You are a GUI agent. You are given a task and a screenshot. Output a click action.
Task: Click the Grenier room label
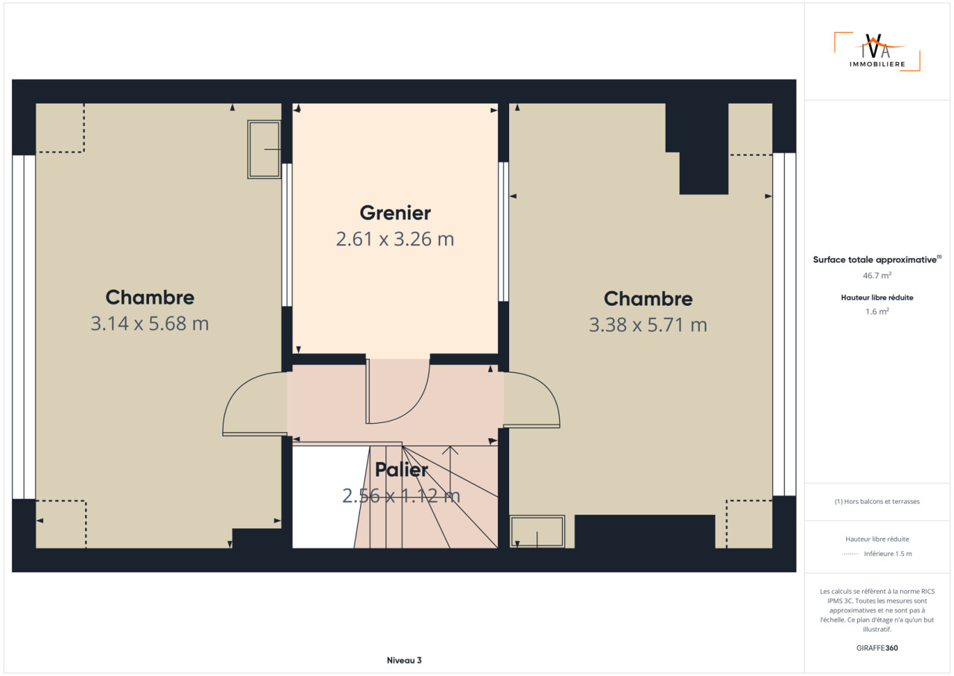(x=395, y=213)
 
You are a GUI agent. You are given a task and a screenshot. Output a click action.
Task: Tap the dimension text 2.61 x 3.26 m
(x=395, y=239)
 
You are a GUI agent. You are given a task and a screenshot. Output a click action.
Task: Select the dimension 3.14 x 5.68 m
(x=150, y=324)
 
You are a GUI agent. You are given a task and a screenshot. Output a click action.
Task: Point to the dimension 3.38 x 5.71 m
(x=648, y=325)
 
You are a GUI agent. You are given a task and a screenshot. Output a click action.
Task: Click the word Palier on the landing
(x=401, y=470)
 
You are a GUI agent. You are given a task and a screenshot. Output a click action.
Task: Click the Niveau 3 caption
(x=404, y=660)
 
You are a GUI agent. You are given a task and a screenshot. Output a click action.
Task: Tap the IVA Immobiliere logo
(x=877, y=52)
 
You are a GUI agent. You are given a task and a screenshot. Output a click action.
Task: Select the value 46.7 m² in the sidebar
(x=877, y=275)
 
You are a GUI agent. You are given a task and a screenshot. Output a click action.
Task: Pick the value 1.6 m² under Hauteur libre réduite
(x=877, y=312)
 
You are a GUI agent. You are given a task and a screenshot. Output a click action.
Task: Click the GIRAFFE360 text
(x=877, y=648)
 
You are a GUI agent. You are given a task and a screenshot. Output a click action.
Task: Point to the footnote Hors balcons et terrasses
(x=877, y=501)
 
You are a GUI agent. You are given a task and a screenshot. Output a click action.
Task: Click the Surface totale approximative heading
(x=877, y=260)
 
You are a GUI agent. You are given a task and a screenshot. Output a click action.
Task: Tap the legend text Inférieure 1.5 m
(x=888, y=554)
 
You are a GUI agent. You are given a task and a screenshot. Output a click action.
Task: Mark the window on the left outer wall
(x=24, y=327)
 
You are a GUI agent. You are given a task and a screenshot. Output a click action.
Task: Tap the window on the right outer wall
(x=784, y=325)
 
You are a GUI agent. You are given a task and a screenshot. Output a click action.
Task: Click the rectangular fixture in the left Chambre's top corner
(x=264, y=149)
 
